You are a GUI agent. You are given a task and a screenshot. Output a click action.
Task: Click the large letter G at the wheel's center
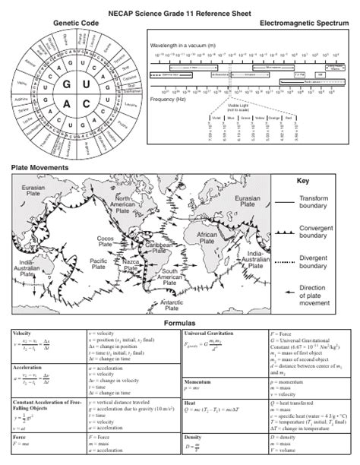(67, 83)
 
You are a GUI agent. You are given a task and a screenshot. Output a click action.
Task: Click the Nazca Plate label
(131, 267)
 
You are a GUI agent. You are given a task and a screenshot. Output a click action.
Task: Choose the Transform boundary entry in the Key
(312, 203)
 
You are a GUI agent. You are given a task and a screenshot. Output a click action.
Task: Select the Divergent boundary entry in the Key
(312, 262)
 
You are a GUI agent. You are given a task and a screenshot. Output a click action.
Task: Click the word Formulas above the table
(180, 323)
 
